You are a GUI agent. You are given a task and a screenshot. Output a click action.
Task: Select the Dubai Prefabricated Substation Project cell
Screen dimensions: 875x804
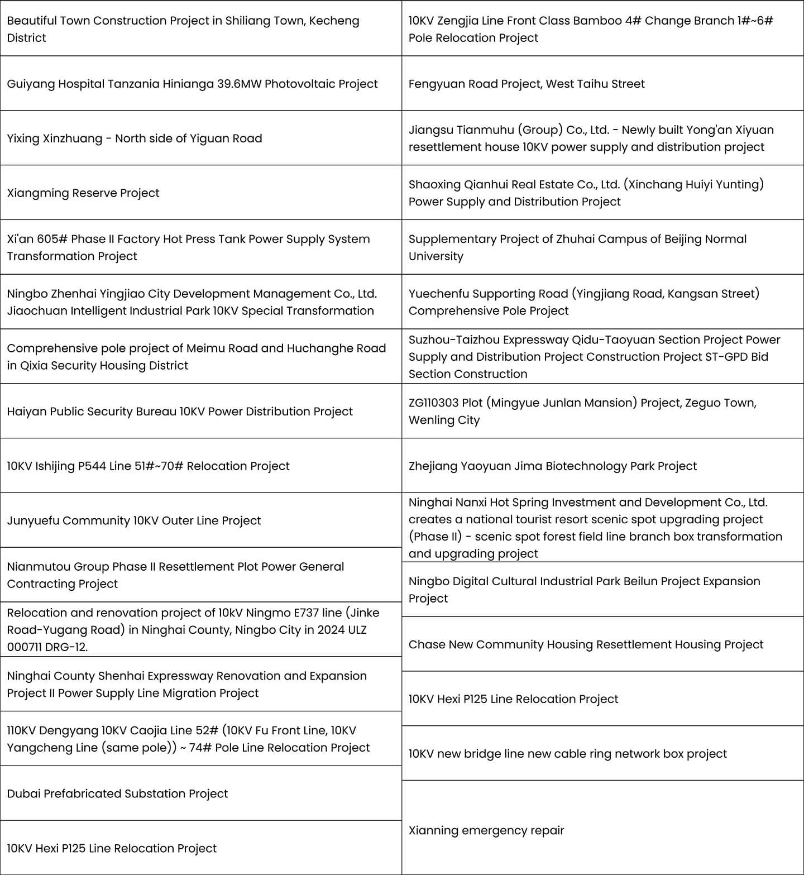[117, 793]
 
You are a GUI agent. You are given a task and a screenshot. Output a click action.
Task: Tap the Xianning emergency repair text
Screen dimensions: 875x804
[486, 830]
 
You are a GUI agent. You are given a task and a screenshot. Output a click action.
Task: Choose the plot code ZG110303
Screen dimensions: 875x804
[435, 403]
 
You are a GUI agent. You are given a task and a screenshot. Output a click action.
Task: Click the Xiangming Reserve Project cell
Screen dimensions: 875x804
[83, 193]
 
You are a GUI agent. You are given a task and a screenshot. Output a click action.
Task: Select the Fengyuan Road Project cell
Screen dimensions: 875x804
[526, 84]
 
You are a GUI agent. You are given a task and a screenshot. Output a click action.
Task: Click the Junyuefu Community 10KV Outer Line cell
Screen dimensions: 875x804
[134, 520]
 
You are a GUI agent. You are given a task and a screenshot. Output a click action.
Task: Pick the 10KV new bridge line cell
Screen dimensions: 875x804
[567, 754]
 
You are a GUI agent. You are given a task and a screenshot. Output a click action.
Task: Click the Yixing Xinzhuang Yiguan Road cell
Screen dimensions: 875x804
[134, 138]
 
